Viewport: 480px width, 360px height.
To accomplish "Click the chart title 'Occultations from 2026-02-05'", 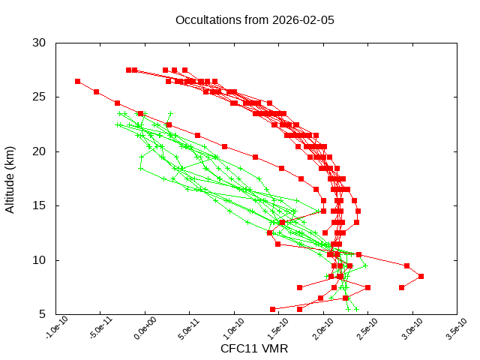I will [254, 19].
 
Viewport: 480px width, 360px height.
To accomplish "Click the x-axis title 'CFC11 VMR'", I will [254, 349].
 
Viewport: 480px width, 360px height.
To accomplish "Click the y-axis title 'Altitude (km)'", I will [10, 178].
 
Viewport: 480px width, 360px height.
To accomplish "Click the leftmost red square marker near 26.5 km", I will [77, 81].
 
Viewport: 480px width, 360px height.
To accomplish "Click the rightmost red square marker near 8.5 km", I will [421, 276].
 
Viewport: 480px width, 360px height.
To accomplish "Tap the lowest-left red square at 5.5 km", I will [272, 309].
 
